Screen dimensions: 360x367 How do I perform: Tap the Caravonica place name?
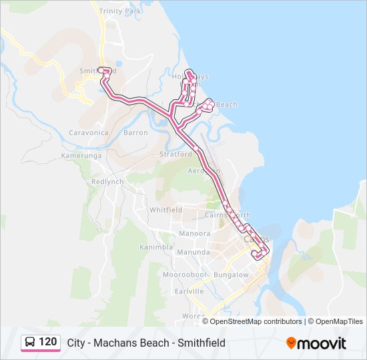pos(88,133)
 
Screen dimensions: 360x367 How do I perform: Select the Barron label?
pos(135,133)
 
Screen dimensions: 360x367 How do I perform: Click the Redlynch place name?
pos(107,181)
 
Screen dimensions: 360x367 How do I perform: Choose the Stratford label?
pos(175,154)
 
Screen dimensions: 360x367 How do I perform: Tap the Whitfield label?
pos(165,209)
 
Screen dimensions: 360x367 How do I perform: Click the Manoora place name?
pos(194,233)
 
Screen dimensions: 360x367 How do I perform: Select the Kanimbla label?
pos(155,247)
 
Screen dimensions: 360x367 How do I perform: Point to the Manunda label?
pos(194,252)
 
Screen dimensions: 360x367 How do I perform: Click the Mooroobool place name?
pos(185,275)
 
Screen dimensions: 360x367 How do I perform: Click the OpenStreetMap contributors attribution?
pos(256,321)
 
